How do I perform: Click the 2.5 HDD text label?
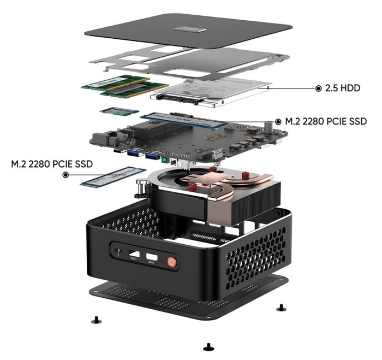pos(343,88)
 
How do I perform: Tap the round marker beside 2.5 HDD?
pos(319,88)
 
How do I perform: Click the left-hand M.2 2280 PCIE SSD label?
pos(52,163)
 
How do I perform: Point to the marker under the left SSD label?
pos(66,175)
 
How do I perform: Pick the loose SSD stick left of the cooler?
pos(112,177)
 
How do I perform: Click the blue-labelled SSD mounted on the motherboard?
pos(183,120)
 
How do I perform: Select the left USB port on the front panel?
pos(134,255)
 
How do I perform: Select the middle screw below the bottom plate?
pos(207,346)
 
